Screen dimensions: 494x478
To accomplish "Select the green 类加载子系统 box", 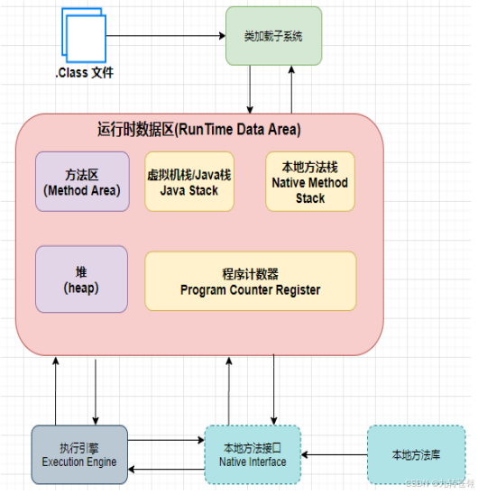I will [x=273, y=35].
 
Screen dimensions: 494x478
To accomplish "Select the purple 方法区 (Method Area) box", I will [x=82, y=181].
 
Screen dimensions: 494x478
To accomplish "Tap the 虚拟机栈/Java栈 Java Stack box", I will [x=189, y=181].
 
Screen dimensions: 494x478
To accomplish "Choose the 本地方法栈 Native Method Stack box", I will [x=310, y=181].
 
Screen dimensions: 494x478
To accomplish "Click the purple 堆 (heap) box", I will [x=81, y=278].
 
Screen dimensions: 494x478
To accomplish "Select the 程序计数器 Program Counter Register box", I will [x=251, y=281].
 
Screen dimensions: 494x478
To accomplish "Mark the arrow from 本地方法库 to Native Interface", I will [x=334, y=454].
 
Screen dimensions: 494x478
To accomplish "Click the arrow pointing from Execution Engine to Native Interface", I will [x=161, y=442].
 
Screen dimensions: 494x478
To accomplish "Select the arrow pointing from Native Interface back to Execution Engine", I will [x=161, y=469].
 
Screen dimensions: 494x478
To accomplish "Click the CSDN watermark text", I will [x=443, y=485].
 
